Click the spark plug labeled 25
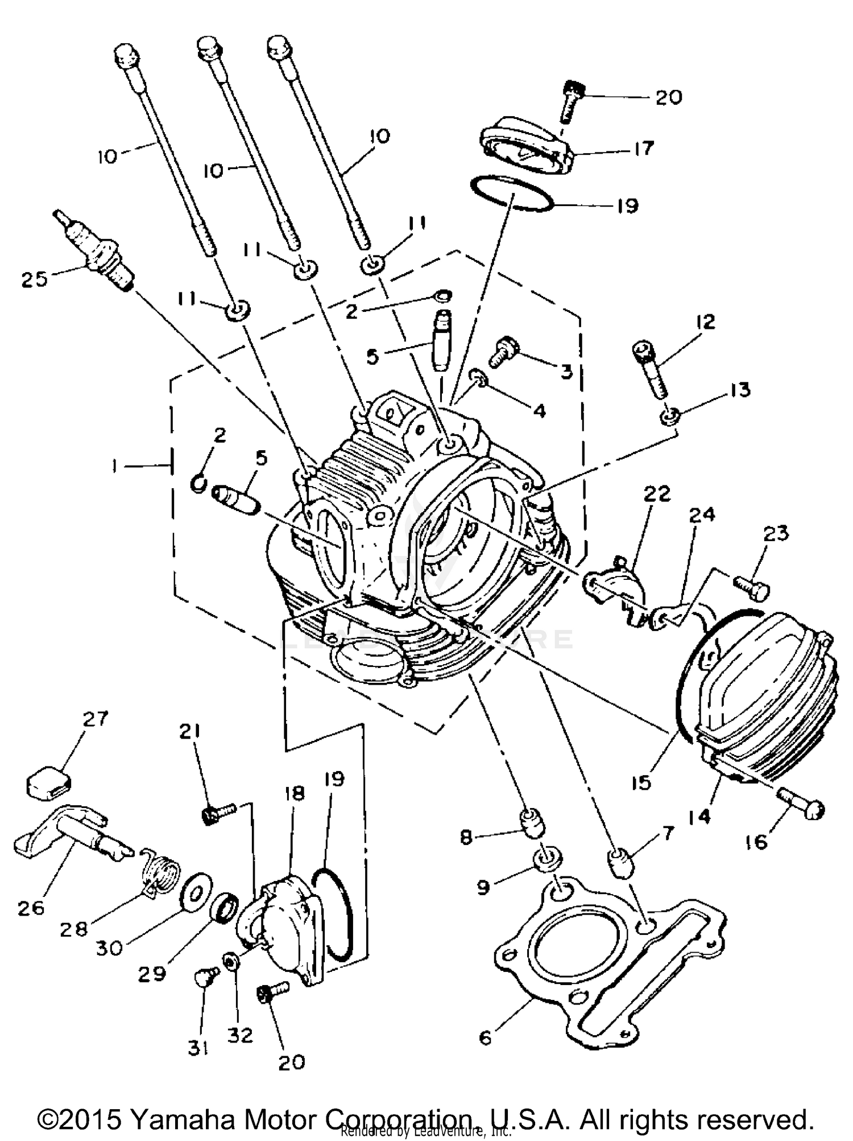tap(94, 251)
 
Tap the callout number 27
tap(95, 719)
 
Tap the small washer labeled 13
tap(669, 417)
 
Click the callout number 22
tap(657, 493)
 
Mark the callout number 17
tap(644, 149)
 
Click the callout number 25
tap(34, 279)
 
